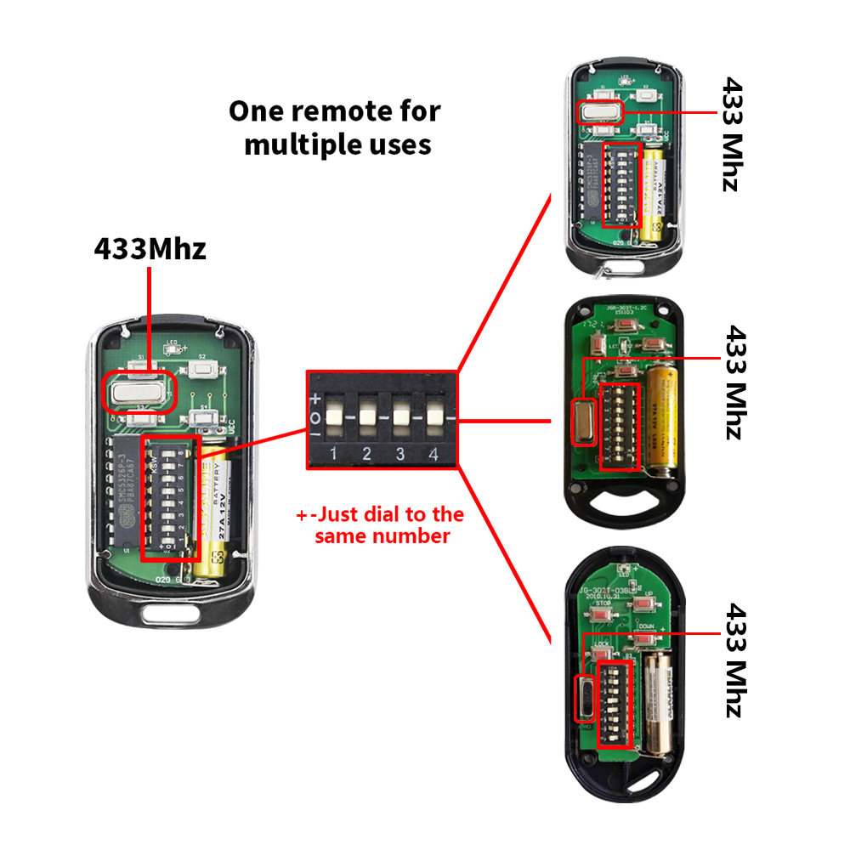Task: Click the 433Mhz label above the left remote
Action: [150, 249]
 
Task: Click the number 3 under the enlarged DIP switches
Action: [399, 454]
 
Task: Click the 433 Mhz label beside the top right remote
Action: [732, 134]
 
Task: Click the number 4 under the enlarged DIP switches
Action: [433, 454]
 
